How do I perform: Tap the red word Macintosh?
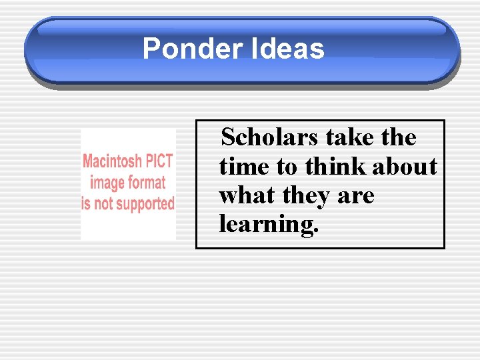(112, 161)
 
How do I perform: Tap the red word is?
(85, 203)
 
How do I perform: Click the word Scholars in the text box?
(270, 137)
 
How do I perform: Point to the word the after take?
(398, 137)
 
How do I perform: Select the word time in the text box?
(241, 167)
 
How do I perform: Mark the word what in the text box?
(247, 196)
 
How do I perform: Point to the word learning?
(269, 225)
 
